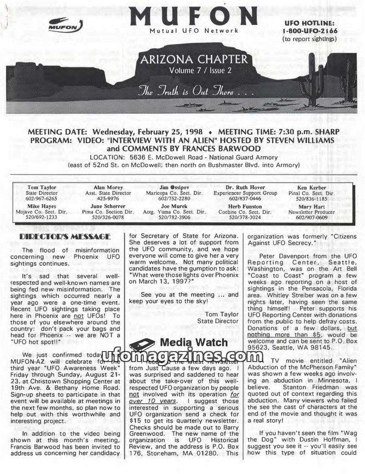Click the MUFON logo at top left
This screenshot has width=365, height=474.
click(x=66, y=25)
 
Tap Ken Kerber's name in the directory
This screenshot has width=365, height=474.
click(x=311, y=188)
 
